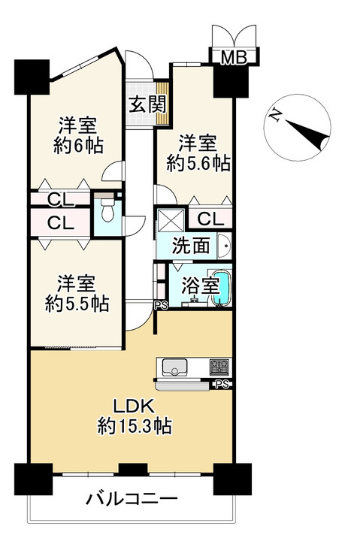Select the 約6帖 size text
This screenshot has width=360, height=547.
(77, 144)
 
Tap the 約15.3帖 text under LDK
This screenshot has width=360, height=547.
(134, 427)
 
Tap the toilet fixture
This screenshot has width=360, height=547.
(106, 211)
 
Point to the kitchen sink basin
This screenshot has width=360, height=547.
(174, 367)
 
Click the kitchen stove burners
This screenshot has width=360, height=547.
(219, 367)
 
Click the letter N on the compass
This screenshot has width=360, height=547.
(276, 115)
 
